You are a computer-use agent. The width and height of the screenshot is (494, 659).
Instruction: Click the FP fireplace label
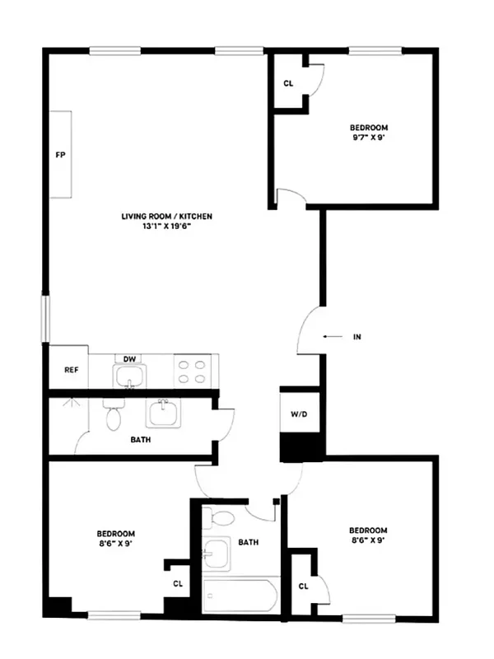(x=60, y=155)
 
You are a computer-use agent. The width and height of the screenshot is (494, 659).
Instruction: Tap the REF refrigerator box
(x=71, y=370)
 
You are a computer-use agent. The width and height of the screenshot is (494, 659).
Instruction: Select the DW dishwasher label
(x=129, y=359)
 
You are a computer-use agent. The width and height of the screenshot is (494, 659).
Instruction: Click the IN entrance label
(x=357, y=337)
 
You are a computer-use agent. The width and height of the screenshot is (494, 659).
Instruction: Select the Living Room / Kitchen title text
(x=167, y=217)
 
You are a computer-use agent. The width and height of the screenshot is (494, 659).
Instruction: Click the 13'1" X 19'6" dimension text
(x=167, y=227)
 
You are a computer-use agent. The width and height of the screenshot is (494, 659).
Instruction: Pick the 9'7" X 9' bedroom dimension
(x=369, y=138)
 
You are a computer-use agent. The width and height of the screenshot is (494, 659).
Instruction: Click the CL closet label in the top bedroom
(x=288, y=84)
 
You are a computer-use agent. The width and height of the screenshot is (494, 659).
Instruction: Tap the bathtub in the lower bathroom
(x=240, y=596)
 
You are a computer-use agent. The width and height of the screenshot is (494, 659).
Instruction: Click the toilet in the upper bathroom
(x=114, y=417)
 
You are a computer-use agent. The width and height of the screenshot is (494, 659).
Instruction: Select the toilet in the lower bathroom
(x=221, y=520)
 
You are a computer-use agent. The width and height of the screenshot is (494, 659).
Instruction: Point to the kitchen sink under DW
(x=128, y=376)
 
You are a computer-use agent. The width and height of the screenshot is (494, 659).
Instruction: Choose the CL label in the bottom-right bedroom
(x=303, y=586)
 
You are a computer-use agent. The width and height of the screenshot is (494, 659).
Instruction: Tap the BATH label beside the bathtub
(x=249, y=543)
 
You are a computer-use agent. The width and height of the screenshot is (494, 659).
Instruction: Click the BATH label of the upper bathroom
(x=141, y=439)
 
